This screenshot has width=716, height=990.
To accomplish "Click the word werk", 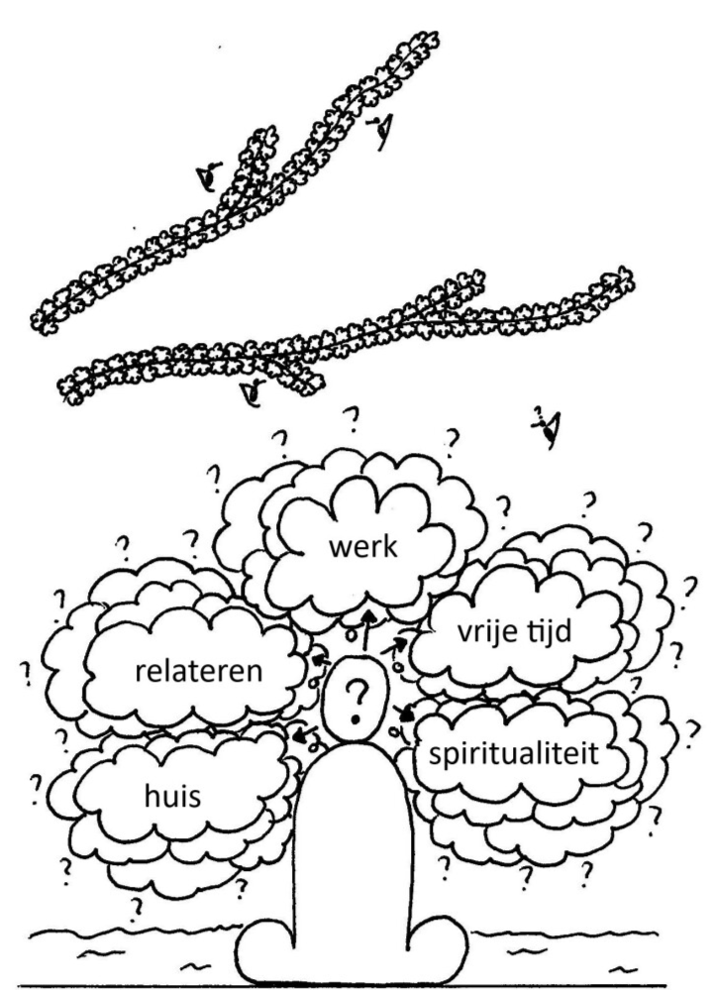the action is point(363,547).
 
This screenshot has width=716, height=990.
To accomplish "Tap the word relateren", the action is point(199,671).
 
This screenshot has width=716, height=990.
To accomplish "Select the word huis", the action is point(173,796).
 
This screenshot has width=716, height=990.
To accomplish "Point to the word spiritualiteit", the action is point(513,754).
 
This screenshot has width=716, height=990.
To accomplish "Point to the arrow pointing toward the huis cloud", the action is point(306,735).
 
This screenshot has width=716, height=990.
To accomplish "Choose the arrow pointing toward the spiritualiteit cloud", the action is point(404,715).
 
